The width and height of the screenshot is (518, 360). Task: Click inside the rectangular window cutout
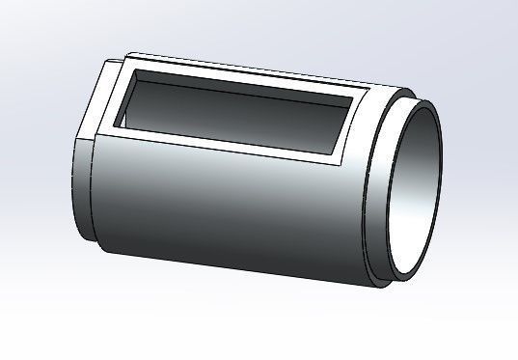[232, 114]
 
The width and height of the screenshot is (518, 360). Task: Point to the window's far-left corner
[135, 70]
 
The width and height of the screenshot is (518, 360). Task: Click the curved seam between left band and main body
[94, 193]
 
